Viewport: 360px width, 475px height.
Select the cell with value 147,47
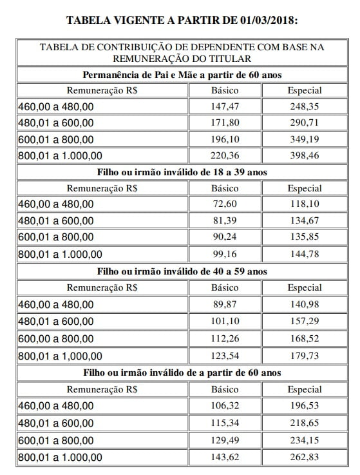point(224,106)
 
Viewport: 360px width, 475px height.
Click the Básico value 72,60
point(224,204)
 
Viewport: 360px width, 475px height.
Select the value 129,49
point(224,440)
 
